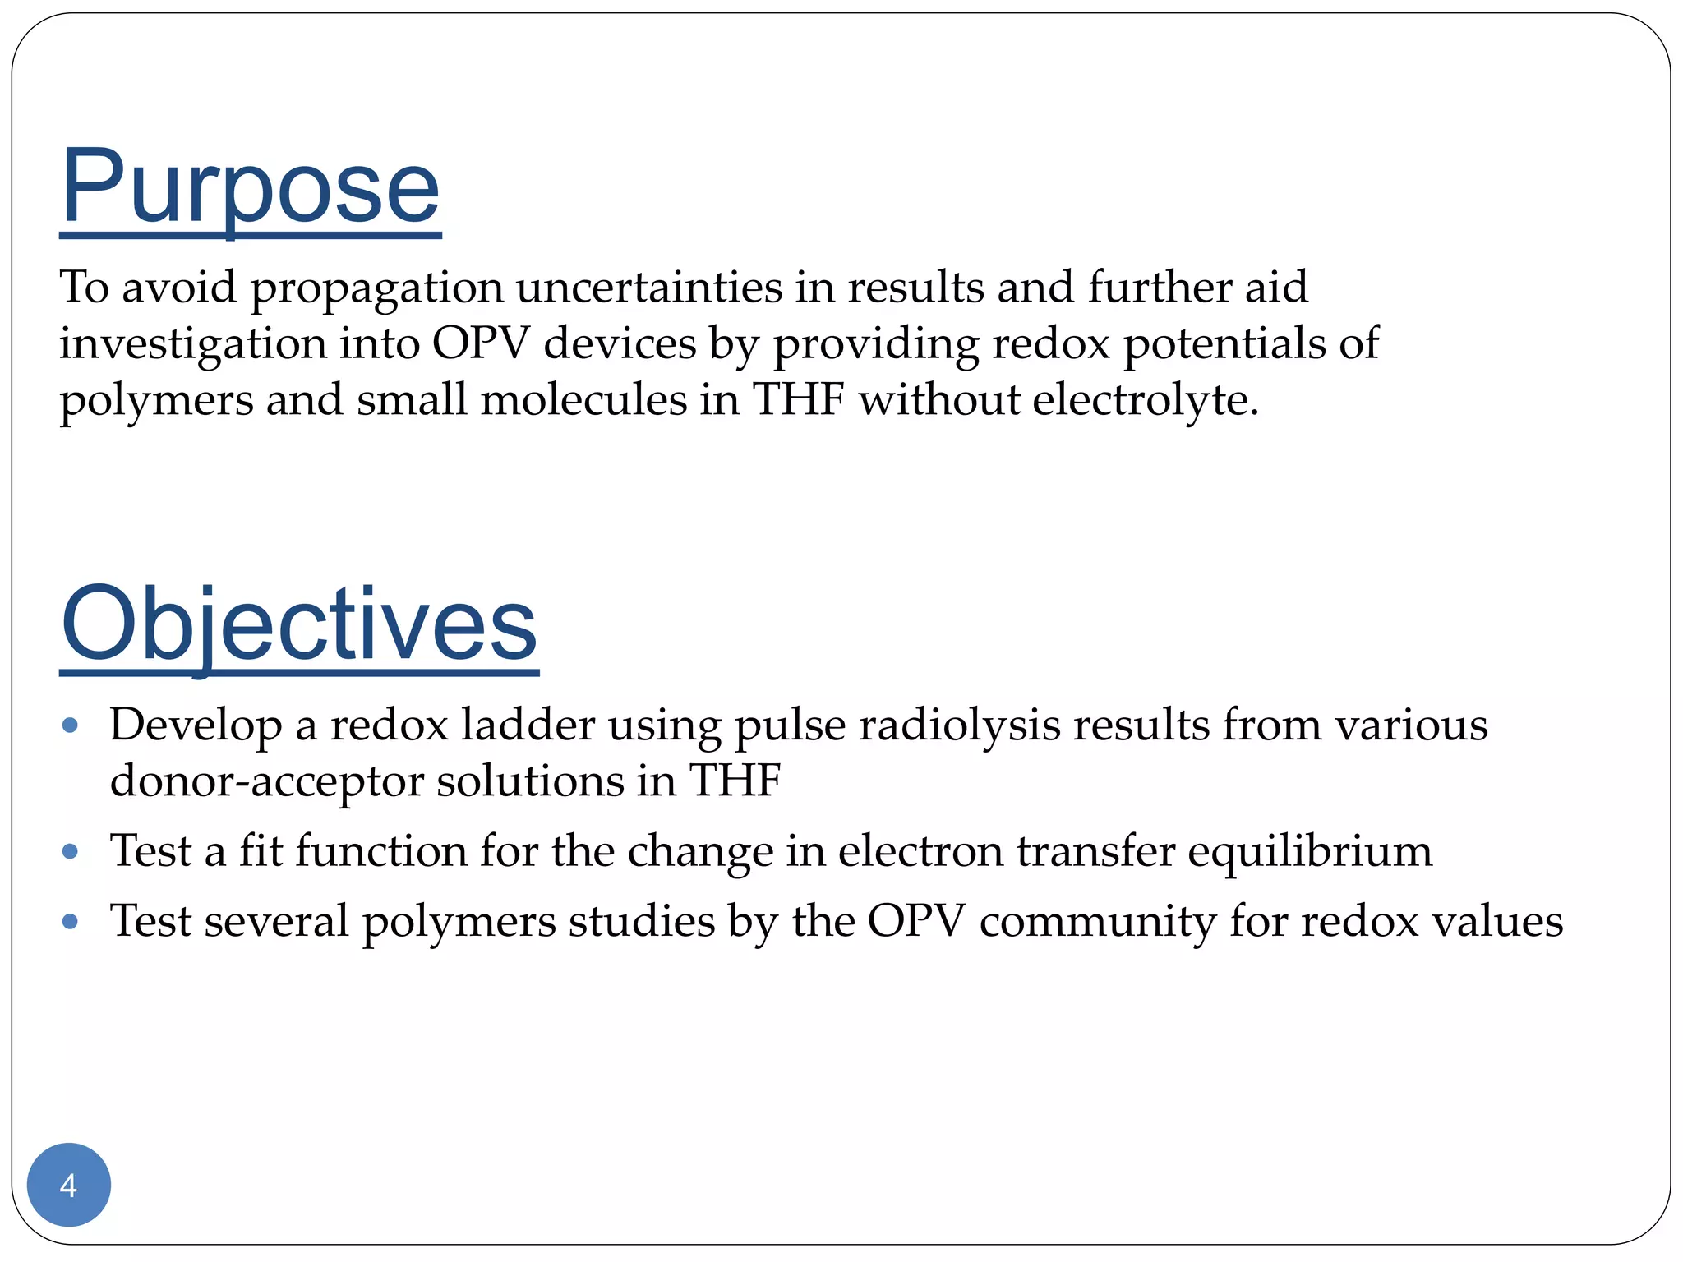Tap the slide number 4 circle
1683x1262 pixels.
tap(69, 1185)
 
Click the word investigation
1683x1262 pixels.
tap(192, 345)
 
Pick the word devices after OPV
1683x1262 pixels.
tap(620, 343)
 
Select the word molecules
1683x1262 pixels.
tap(583, 400)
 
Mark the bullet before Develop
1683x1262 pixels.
tap(71, 725)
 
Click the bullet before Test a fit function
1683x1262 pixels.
tap(71, 851)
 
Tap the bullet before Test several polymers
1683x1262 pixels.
tap(71, 922)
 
